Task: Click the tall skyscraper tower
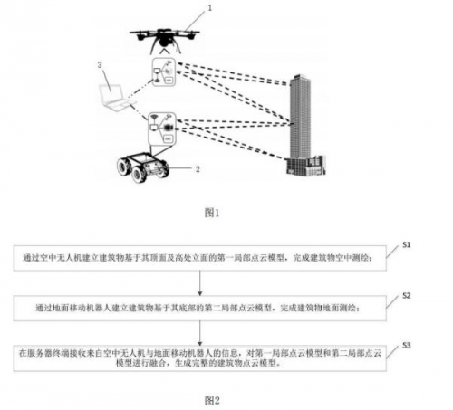(x=298, y=118)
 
